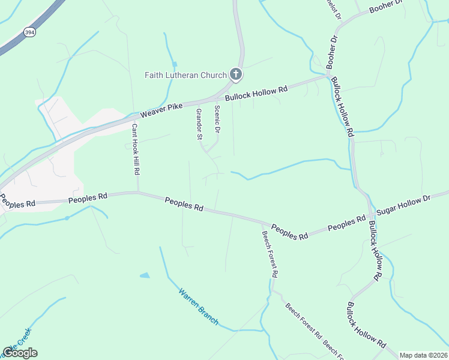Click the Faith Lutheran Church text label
(185, 75)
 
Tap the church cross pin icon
(236, 74)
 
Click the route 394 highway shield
(29, 32)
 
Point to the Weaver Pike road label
(161, 110)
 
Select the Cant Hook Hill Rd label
(136, 149)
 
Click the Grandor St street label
(199, 124)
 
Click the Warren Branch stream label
(198, 307)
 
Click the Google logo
(20, 353)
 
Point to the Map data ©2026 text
(423, 355)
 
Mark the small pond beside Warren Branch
(145, 275)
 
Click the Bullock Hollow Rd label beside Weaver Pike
(256, 94)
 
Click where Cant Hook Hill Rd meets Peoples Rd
(138, 193)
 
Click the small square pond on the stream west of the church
(175, 64)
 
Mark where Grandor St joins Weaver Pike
(197, 103)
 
